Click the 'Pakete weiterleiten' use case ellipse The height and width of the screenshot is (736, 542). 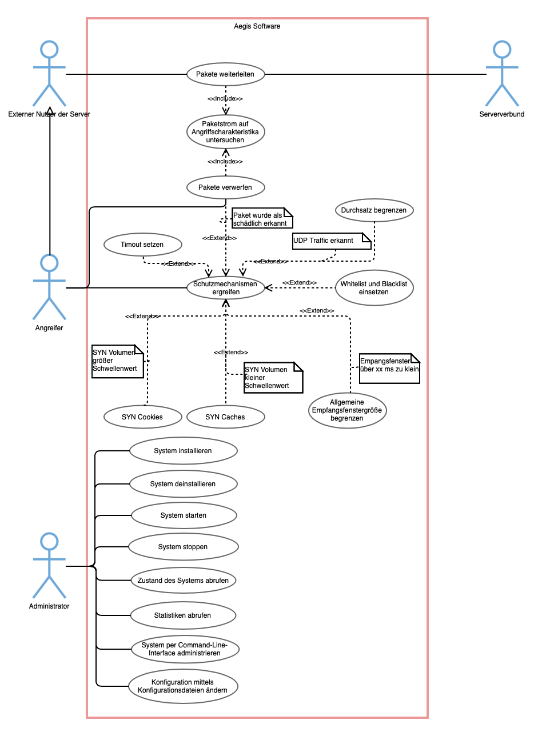coord(226,74)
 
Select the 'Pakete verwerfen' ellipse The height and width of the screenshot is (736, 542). coord(226,187)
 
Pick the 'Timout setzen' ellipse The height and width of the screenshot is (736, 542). coord(142,245)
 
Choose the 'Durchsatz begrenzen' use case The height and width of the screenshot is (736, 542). coord(374,210)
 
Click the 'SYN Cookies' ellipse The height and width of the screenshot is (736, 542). coord(142,417)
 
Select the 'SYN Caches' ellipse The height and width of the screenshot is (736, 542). coord(226,417)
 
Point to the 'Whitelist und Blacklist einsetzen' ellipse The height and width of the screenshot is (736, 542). coord(374,287)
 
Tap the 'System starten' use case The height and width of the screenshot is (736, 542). coord(184,515)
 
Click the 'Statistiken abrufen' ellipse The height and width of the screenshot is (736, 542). coord(183,615)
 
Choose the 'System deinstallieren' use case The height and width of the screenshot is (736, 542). coord(183,484)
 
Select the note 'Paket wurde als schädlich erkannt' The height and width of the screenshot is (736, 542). coord(262,218)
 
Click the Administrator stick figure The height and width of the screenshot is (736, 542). coord(49,566)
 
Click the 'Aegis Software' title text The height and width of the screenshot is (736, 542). coord(257,26)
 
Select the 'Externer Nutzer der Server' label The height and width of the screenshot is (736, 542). coord(49,114)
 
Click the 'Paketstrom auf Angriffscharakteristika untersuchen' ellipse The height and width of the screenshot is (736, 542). coord(226,132)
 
